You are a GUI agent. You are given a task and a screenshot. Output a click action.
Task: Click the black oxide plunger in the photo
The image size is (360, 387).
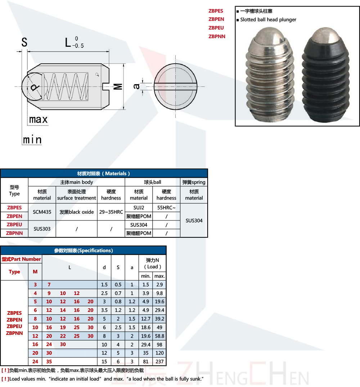326,75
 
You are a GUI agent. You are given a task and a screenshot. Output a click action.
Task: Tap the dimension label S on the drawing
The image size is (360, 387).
24,42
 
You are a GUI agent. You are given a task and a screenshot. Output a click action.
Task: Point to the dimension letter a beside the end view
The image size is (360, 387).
136,86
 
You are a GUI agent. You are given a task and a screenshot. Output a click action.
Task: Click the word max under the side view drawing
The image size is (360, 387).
38,120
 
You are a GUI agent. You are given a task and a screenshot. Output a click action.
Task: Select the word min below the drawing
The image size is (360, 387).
32,140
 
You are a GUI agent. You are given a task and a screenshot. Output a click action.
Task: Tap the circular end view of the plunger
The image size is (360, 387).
175,87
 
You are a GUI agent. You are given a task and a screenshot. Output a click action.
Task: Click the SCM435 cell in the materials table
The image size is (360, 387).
42,212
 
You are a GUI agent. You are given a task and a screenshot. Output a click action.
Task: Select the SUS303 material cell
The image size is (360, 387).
42,229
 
